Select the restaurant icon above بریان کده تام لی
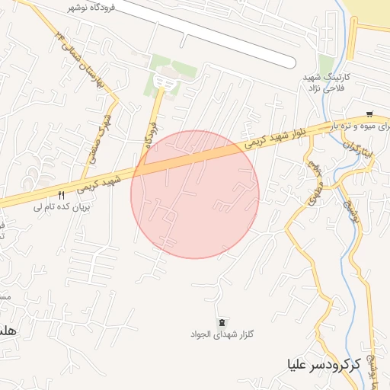tap(62, 195)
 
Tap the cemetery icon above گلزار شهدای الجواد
tap(222, 323)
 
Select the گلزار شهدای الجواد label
tap(222, 334)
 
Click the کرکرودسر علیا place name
tap(324, 364)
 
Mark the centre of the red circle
tap(195, 194)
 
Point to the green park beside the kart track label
tap(327, 65)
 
